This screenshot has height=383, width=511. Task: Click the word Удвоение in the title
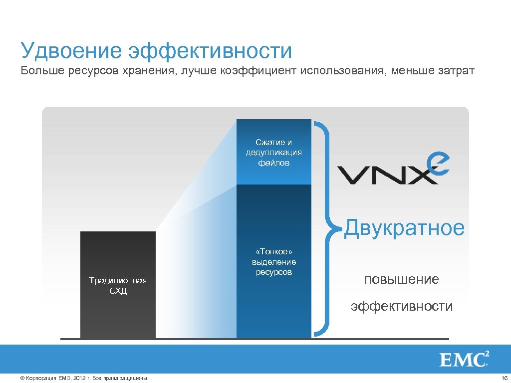70,50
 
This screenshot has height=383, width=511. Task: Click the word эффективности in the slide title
210,50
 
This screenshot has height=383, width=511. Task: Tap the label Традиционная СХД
118,285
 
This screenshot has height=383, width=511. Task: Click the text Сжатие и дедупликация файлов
273,152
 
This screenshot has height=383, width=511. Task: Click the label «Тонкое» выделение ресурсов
273,262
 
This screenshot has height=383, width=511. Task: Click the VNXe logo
394,170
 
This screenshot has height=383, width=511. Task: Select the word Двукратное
405,228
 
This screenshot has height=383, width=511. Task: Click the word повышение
402,279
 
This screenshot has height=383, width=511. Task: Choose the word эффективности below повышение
402,306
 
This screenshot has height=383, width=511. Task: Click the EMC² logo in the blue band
464,359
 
